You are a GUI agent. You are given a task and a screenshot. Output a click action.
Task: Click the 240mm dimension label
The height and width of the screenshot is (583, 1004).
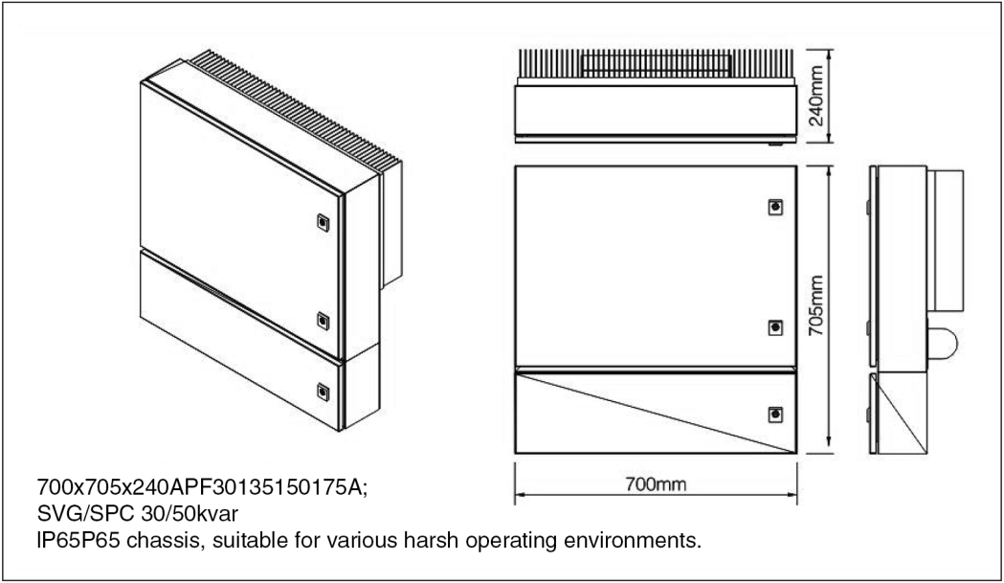pos(816,95)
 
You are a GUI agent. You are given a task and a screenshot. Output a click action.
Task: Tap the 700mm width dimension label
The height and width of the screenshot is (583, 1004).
pos(656,484)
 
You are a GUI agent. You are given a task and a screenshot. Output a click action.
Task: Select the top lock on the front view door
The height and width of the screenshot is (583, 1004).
pos(775,207)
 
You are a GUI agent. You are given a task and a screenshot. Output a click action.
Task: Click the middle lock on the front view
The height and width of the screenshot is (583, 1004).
pos(775,328)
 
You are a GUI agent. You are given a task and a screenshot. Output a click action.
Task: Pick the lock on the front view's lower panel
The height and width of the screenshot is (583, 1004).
pos(775,415)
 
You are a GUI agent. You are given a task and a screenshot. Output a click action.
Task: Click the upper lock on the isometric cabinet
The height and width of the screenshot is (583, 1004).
pos(324,223)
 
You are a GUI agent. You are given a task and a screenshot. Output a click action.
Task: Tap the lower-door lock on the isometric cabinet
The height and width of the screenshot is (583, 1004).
pos(324,392)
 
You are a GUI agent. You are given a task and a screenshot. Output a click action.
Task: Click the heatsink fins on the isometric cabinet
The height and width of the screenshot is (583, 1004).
pos(295,109)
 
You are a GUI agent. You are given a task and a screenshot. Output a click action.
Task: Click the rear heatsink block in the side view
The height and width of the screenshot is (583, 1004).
pos(946,240)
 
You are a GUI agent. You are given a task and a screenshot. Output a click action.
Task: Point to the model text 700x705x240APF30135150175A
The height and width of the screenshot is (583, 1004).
pos(202,487)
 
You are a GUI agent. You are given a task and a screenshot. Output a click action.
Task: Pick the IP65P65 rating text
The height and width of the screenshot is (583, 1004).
pos(78,541)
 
